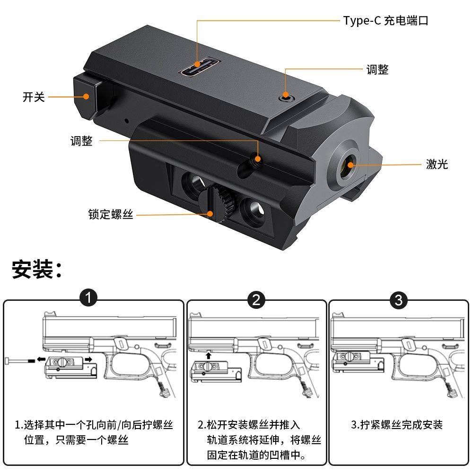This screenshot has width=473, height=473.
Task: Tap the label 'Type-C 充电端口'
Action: click(385, 21)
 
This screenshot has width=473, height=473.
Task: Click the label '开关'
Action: click(34, 97)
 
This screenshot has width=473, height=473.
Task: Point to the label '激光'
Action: click(436, 165)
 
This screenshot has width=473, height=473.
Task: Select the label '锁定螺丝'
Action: click(111, 214)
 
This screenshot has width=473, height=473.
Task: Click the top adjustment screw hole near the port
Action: click(286, 96)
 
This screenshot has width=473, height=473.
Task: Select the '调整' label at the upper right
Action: click(377, 70)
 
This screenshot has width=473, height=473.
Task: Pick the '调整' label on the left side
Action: click(81, 141)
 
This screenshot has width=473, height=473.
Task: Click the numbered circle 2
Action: click(256, 299)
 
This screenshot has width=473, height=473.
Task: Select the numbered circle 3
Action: click(398, 299)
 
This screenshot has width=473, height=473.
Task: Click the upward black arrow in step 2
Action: click(209, 354)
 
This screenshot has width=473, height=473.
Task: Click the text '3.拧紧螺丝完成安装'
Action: click(396, 424)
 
